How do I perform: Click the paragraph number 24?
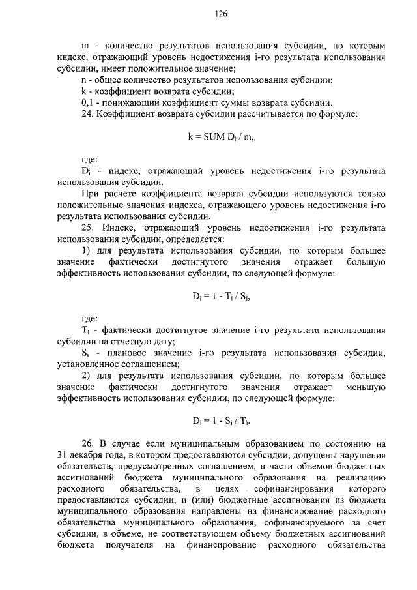point(86,114)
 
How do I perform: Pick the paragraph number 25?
point(87,228)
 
